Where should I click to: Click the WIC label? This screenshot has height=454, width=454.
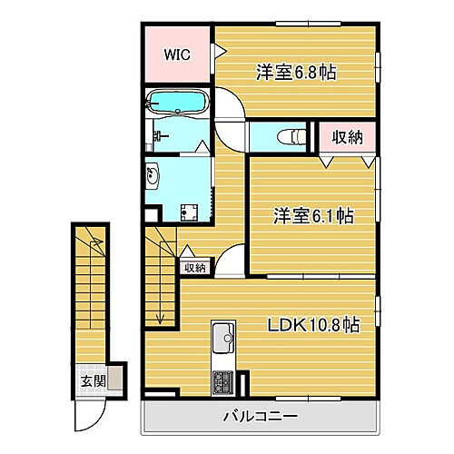[x=176, y=54]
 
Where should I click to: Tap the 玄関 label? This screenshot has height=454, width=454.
[x=86, y=379]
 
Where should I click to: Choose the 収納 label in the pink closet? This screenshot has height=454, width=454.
[x=345, y=138]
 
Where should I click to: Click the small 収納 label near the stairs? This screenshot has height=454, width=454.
[x=194, y=267]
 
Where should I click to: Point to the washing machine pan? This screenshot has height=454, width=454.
[x=192, y=212]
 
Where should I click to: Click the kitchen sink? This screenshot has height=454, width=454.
[x=222, y=340]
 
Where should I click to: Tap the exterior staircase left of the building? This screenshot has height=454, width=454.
[x=89, y=291]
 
